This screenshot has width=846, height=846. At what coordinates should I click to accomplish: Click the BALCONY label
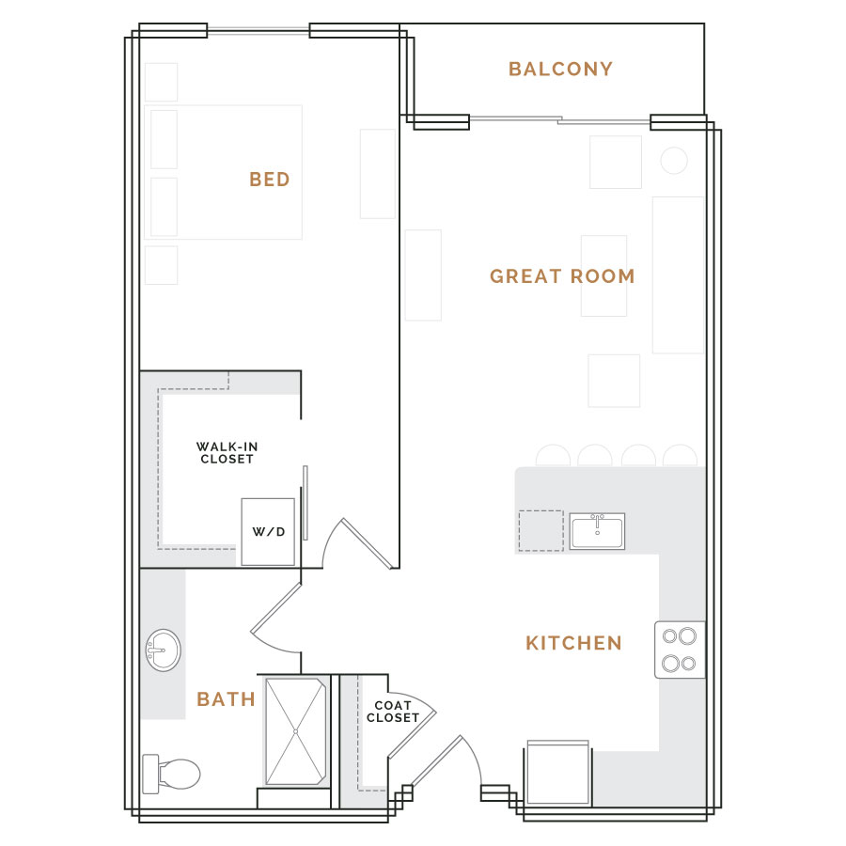click(x=560, y=69)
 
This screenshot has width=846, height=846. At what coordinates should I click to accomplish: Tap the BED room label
click(x=270, y=180)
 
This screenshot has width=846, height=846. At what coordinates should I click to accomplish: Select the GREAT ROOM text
click(x=562, y=276)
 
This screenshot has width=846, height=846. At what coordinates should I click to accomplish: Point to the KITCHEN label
click(x=573, y=643)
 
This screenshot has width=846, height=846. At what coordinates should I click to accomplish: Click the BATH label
click(x=226, y=699)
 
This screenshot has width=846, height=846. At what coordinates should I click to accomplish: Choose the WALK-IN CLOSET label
click(x=227, y=453)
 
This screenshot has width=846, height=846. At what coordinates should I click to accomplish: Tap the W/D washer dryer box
click(x=268, y=532)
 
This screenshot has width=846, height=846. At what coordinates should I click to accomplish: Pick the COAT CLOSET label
click(x=393, y=712)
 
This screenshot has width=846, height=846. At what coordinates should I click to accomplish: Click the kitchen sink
click(x=597, y=531)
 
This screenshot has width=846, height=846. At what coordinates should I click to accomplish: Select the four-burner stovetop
click(x=680, y=650)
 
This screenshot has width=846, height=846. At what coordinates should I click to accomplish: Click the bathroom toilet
click(x=171, y=775)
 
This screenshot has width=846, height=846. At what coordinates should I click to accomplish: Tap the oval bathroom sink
click(x=164, y=650)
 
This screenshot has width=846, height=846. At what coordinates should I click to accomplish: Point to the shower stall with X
click(x=296, y=731)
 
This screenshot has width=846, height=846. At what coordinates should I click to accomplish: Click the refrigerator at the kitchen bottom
click(x=557, y=773)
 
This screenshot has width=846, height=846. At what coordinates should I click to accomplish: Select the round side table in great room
click(x=674, y=160)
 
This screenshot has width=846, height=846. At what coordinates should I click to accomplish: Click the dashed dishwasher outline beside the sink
click(x=541, y=531)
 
